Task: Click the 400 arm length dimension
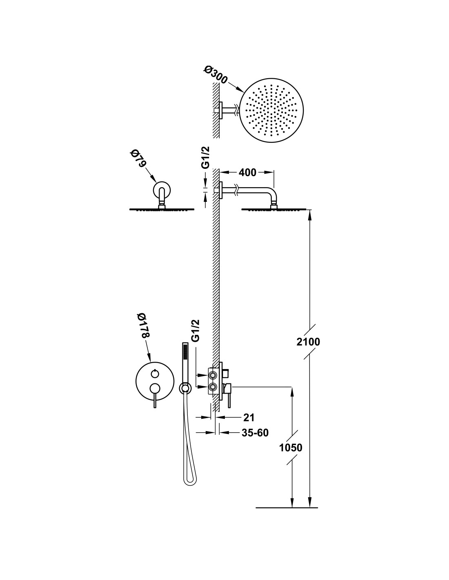[x=247, y=173]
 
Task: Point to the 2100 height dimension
[x=308, y=342]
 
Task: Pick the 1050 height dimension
[x=291, y=447]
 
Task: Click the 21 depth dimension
[x=249, y=417]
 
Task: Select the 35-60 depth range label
[x=255, y=433]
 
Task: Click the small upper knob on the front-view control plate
[x=154, y=372]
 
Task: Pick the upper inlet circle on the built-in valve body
[x=213, y=374]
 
